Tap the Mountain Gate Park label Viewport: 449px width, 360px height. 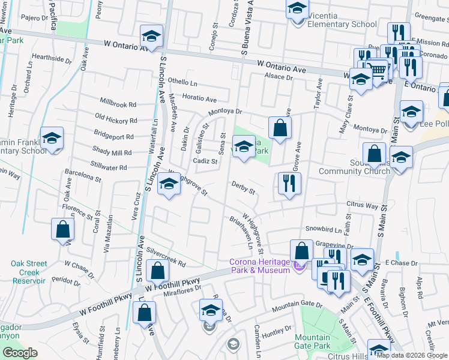312,341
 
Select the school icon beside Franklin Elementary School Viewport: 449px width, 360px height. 52,139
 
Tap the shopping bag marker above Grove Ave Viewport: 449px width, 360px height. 280,128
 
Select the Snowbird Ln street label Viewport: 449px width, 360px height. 319,229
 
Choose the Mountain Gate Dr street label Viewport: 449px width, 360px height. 297,307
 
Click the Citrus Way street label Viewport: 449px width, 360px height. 361,204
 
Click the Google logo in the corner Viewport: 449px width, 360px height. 20,353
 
